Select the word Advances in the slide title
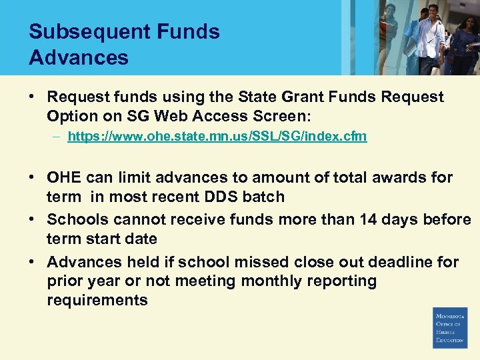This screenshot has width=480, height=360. coord(78,57)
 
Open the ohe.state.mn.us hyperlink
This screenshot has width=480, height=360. coord(217,136)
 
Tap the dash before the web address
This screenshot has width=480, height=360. coord(58,136)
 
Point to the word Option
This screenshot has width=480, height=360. coord(71,116)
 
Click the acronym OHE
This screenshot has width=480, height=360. coord(63,178)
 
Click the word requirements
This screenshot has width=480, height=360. coord(97,300)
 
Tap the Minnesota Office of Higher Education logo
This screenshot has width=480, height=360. coord(450,327)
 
